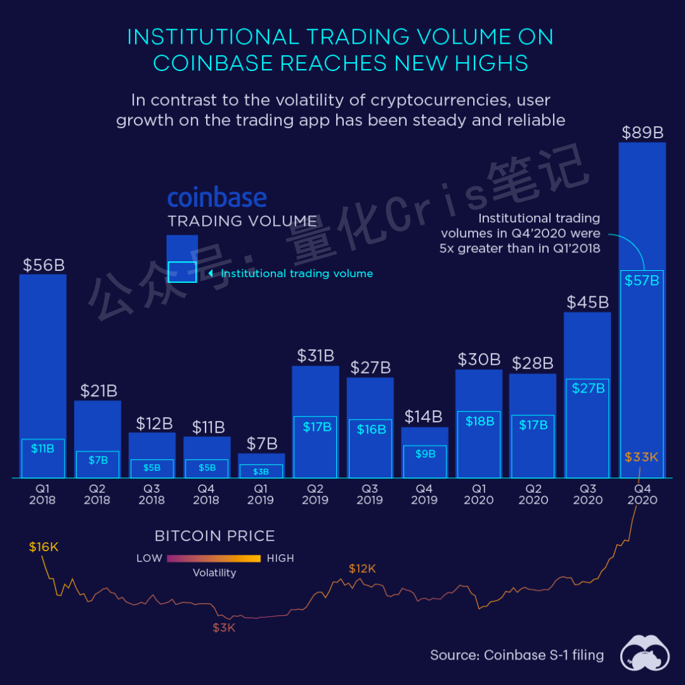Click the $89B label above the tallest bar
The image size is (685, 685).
[x=642, y=133]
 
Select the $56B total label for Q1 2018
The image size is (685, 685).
[x=43, y=265]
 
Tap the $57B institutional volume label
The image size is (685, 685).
[x=642, y=280]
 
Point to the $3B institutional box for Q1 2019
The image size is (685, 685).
[x=261, y=471]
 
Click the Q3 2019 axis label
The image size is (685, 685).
[x=370, y=494]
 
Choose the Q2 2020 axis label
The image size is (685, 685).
[x=533, y=494]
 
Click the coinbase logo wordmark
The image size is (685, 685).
[x=217, y=198]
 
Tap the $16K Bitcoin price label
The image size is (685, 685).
[x=43, y=547]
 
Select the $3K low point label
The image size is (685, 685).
[x=224, y=628]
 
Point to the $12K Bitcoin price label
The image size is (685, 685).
[x=362, y=569]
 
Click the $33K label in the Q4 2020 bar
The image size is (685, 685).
[x=641, y=457]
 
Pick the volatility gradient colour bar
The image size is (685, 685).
[x=214, y=559]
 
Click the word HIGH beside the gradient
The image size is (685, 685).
[x=280, y=559]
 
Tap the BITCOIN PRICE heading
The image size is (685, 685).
[x=214, y=536]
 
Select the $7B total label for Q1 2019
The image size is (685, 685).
[x=261, y=443]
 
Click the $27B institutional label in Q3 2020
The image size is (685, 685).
[x=588, y=388]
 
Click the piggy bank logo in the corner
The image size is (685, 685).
[x=645, y=653]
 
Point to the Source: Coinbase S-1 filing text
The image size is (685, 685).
[x=517, y=655]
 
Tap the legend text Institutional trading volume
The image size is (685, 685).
[x=297, y=273]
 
